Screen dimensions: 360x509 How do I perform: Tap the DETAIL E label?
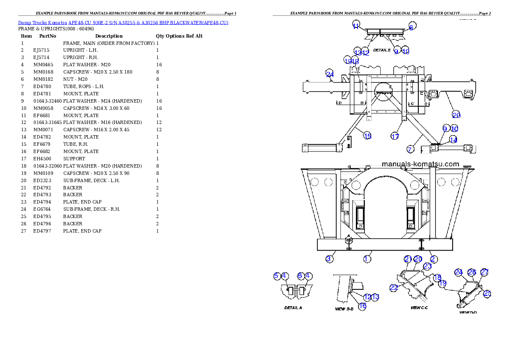[x=382, y=50]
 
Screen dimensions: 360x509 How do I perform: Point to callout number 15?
[x=367, y=136]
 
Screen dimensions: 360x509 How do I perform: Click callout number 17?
[x=395, y=136]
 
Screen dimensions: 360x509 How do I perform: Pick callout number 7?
[x=410, y=149]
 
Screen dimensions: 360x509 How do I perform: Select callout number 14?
[x=453, y=139]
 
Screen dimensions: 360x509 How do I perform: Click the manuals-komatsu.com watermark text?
[x=420, y=164]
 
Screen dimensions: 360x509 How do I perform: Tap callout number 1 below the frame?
[x=367, y=259]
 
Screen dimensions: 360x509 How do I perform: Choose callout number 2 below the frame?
[x=433, y=259]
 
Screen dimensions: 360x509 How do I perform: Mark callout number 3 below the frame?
[x=329, y=259]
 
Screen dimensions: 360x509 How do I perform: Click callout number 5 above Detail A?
[x=277, y=276]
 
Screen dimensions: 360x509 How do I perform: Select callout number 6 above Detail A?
[x=300, y=276]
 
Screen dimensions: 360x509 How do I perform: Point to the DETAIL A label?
[x=293, y=307]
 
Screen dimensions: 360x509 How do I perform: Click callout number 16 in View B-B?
[x=362, y=306]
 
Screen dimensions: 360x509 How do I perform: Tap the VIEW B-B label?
[x=343, y=307]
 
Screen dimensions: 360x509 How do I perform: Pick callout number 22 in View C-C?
[x=394, y=288]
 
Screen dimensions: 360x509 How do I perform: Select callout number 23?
[x=427, y=266]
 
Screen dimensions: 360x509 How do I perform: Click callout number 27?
[x=485, y=272]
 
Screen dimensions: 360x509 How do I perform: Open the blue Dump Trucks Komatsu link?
[x=123, y=22]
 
